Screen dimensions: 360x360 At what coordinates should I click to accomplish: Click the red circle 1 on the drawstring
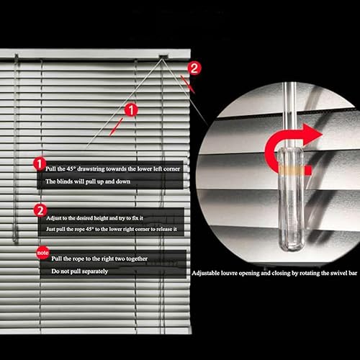pyautogui.click(x=131, y=110)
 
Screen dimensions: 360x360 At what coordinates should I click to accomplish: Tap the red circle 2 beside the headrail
pyautogui.click(x=194, y=68)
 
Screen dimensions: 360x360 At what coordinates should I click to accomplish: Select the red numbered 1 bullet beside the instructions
pyautogui.click(x=40, y=163)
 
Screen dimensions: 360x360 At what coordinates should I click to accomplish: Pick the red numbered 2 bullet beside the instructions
pyautogui.click(x=40, y=211)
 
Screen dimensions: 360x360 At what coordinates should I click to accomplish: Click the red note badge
pyautogui.click(x=42, y=253)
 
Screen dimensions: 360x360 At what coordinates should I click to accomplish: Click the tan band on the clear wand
pyautogui.click(x=292, y=170)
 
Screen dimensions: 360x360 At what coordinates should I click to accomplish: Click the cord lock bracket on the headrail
pyautogui.click(x=163, y=57)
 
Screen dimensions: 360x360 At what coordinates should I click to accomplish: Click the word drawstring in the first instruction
pyautogui.click(x=91, y=169)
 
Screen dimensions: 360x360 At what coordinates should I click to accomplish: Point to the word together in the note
pyautogui.click(x=137, y=258)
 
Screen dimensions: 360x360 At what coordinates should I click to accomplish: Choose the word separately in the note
pyautogui.click(x=95, y=271)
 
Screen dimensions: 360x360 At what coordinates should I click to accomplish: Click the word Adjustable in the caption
pyautogui.click(x=206, y=273)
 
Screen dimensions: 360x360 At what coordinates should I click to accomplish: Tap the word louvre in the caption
pyautogui.click(x=229, y=273)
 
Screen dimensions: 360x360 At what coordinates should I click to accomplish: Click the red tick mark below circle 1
pyautogui.click(x=116, y=127)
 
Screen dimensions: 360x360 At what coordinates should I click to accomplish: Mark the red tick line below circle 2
pyautogui.click(x=188, y=84)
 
